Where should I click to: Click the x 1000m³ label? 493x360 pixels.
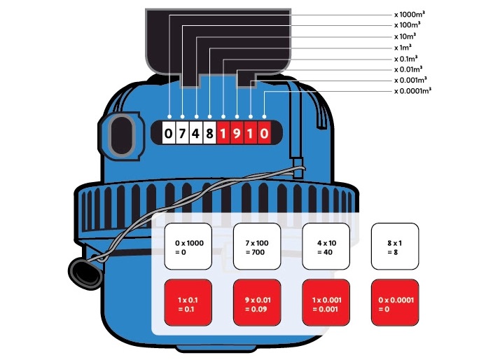click(409, 13)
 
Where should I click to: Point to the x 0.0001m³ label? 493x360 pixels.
click(412, 91)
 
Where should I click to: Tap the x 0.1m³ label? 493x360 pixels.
click(408, 58)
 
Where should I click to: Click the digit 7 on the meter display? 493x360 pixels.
click(182, 132)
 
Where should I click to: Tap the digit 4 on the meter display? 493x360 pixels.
click(195, 132)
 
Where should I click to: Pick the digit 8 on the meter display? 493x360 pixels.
click(209, 132)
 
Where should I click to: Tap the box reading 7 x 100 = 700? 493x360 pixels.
click(256, 247)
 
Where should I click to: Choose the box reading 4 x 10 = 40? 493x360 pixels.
click(325, 247)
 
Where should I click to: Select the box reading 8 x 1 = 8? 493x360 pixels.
click(394, 247)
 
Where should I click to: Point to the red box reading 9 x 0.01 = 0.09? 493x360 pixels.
click(256, 303)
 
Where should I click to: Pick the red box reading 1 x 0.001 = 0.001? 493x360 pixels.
click(325, 303)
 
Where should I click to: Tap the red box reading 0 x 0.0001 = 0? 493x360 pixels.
click(394, 303)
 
